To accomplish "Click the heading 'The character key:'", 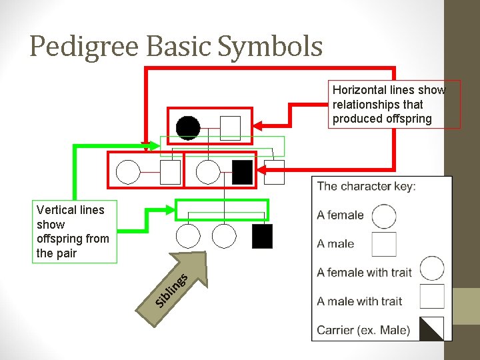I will click(x=366, y=186).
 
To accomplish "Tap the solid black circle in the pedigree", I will click(x=188, y=127).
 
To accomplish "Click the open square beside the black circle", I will click(x=230, y=127).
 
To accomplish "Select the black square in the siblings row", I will click(x=263, y=236).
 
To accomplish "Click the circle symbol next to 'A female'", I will click(x=383, y=216).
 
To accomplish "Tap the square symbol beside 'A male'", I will click(x=384, y=244).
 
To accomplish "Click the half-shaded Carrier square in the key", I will click(x=431, y=327).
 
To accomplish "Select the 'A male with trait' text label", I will click(x=359, y=301).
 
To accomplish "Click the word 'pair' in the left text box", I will click(x=66, y=253).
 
